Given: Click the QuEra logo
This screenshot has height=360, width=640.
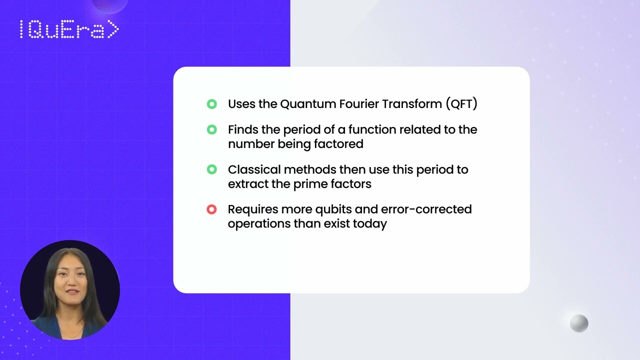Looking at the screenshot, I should click(x=69, y=30).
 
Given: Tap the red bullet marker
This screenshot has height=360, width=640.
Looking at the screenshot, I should click(x=211, y=209).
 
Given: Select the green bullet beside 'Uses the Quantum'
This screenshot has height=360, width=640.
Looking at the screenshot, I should click(x=211, y=104).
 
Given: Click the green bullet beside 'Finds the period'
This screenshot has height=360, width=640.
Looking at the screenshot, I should click(x=211, y=129).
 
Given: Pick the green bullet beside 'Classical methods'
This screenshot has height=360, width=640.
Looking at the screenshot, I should click(x=211, y=169).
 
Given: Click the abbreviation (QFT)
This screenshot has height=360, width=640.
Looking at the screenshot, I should click(x=461, y=104).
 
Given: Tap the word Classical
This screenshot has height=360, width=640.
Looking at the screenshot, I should click(x=254, y=169).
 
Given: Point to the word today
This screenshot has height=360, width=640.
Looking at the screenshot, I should click(x=370, y=223).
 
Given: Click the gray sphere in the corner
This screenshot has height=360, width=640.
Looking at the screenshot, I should click(x=579, y=323).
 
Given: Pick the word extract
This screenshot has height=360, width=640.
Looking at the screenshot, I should click(x=247, y=184).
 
